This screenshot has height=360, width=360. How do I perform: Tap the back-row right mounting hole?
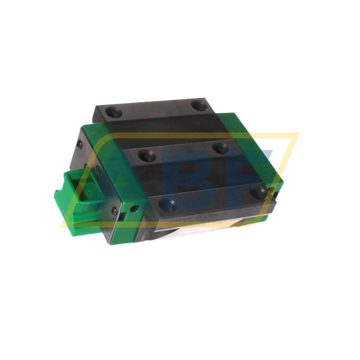pos(200,106)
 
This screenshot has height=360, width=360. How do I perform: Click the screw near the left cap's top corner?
pos(81,143)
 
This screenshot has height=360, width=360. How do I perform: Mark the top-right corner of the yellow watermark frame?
pos(297,135)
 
